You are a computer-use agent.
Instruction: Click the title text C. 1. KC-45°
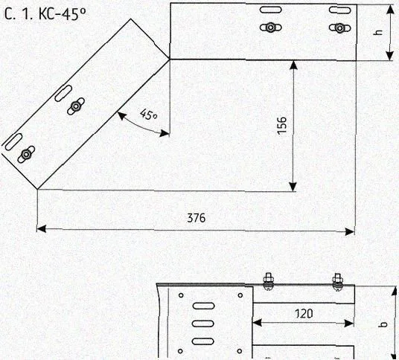point(45,14)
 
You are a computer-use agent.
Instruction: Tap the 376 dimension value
point(197,218)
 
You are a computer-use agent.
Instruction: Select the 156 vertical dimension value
point(282,126)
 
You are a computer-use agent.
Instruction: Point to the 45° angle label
point(148,115)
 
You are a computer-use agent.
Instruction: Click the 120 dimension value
point(304,313)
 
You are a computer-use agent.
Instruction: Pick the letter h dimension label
point(379,32)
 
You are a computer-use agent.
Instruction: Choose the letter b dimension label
point(384,324)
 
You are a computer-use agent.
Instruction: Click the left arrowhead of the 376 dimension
point(42,228)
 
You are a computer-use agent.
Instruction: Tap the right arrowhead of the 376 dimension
point(350,231)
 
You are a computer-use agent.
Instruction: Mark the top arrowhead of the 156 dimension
point(293,65)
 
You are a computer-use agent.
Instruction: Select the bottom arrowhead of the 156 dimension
point(293,187)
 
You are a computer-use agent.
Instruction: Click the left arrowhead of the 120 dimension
point(257,323)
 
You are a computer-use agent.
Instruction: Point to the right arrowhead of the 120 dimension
point(349,324)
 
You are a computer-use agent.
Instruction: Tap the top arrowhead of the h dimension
point(390,10)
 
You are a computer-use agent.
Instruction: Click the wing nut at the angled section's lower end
point(26,154)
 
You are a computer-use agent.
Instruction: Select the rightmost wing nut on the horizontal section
point(339,28)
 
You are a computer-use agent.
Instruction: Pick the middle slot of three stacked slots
point(203,324)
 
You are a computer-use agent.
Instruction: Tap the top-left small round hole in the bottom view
point(181,295)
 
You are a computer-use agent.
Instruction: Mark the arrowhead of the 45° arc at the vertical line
point(165,133)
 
